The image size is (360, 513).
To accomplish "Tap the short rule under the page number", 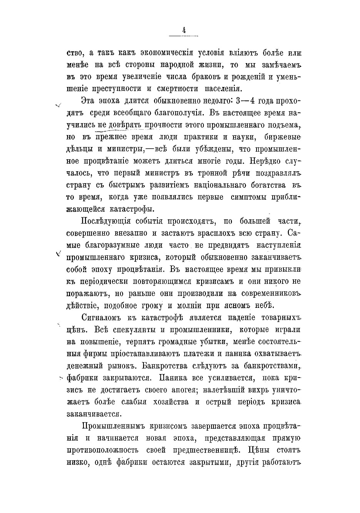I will (184, 36).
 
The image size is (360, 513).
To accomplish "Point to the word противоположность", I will (102, 450).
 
